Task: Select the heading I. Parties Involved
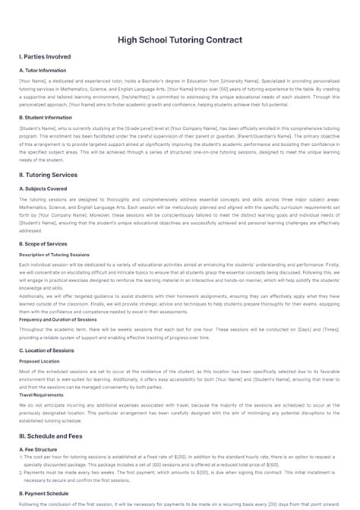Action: pyautogui.click(x=45, y=57)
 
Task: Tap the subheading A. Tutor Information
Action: pyautogui.click(x=42, y=71)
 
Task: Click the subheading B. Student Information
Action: pyautogui.click(x=45, y=118)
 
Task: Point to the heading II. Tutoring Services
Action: pyautogui.click(x=49, y=174)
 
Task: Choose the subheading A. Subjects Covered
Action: pyautogui.click(x=43, y=188)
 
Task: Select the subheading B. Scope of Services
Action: pyautogui.click(x=43, y=243)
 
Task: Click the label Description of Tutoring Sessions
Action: pyautogui.click(x=54, y=255)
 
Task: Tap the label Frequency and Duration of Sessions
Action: pyautogui.click(x=58, y=319)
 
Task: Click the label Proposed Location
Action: pyautogui.click(x=39, y=361)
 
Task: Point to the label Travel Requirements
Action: pyautogui.click(x=42, y=395)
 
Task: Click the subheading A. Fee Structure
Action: pyautogui.click(x=39, y=449)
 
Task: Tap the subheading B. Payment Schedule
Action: pyautogui.click(x=44, y=493)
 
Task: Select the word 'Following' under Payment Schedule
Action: pyautogui.click(x=30, y=503)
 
